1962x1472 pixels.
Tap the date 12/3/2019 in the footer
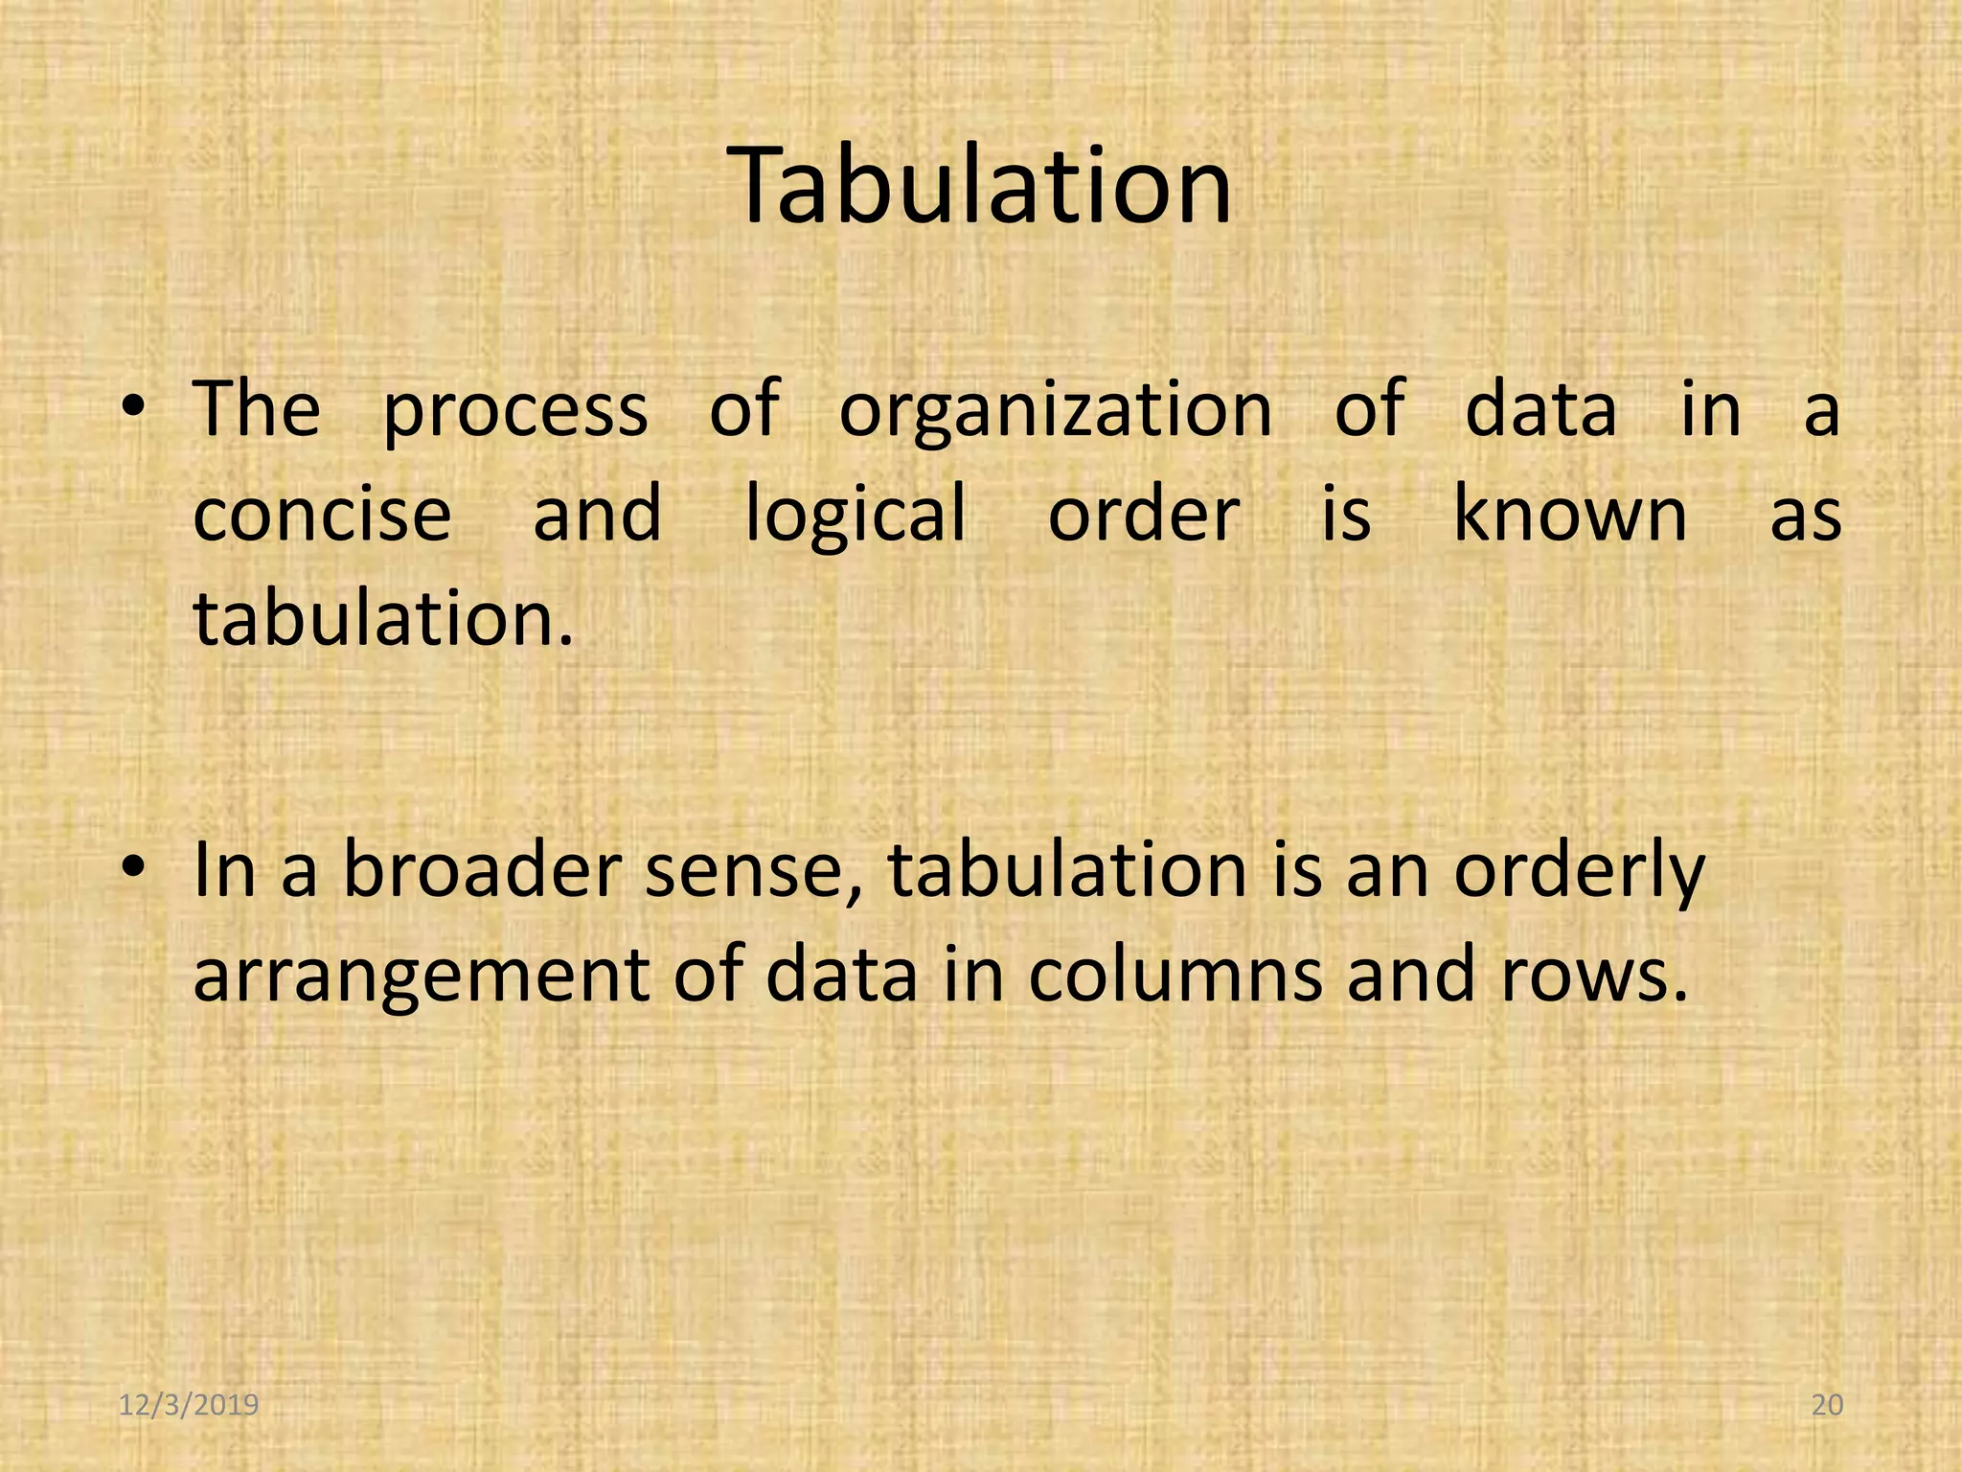click(189, 1406)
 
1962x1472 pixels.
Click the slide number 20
click(1828, 1406)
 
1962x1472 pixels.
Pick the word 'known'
click(1569, 513)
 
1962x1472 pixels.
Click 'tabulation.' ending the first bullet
click(383, 618)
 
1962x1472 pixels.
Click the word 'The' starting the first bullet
click(257, 410)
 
